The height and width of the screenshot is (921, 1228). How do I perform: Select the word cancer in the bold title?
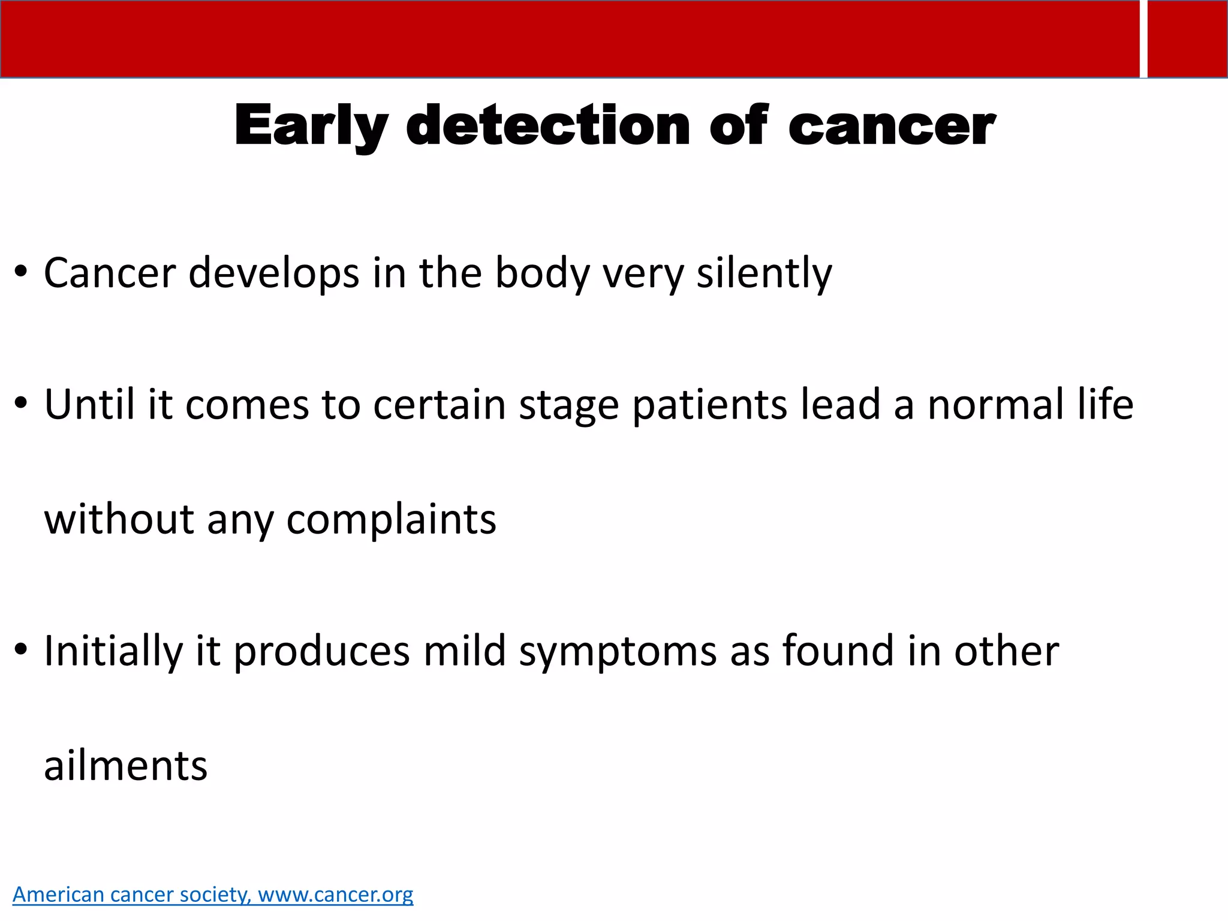click(892, 127)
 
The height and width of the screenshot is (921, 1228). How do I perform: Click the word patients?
click(710, 404)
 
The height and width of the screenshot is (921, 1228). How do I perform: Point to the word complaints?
click(391, 520)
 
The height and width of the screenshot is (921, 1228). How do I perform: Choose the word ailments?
click(125, 766)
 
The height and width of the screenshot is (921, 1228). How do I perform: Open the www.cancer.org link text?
click(335, 895)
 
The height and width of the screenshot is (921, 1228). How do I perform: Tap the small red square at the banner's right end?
click(1187, 39)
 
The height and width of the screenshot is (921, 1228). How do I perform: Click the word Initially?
click(113, 651)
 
